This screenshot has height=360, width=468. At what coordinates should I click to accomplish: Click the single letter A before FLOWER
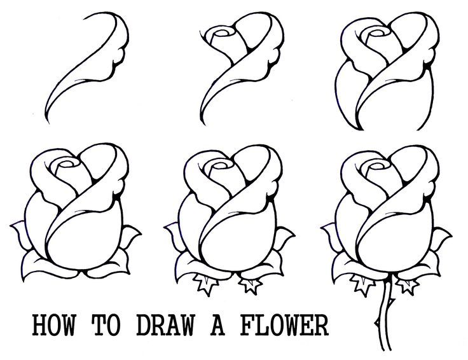(x=223, y=326)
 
